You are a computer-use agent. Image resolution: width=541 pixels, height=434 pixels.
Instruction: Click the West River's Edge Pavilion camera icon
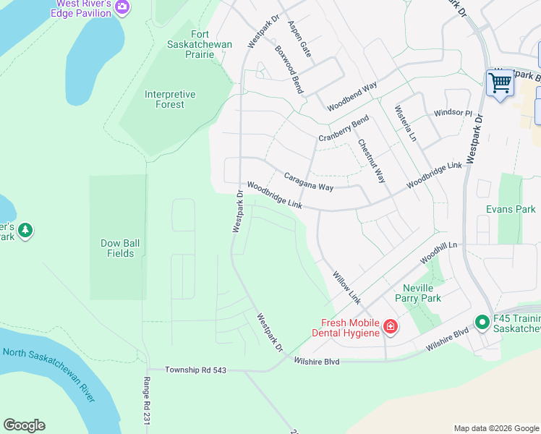122,7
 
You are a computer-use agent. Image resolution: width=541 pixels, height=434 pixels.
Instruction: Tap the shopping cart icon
500,82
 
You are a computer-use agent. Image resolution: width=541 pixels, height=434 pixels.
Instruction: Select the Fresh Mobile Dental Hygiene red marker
390,328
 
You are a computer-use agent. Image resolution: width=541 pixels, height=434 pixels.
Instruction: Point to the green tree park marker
25,230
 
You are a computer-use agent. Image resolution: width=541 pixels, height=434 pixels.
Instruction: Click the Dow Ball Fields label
116,248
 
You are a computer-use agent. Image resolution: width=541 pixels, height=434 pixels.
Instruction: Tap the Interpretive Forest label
170,99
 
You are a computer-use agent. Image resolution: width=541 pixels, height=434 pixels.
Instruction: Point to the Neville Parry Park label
417,293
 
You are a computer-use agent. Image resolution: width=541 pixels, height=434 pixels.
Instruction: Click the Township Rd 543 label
195,370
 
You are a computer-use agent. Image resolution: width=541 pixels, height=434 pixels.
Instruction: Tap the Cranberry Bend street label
344,128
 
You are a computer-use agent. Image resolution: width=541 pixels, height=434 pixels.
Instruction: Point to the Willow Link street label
346,287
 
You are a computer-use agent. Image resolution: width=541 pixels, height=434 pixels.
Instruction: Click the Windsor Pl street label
453,114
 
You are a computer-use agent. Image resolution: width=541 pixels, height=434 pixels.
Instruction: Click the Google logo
24,425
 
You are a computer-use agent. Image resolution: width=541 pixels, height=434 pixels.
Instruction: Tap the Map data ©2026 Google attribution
495,428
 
